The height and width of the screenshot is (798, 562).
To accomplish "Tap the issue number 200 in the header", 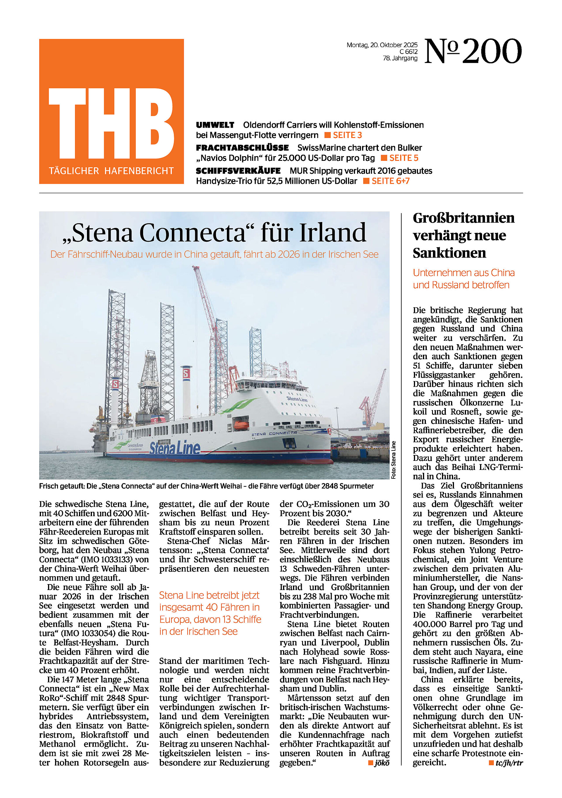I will click(x=492, y=52).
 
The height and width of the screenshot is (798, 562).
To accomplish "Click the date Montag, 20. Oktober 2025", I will click(x=382, y=45).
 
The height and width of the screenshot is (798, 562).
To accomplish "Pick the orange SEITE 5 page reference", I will click(x=403, y=158).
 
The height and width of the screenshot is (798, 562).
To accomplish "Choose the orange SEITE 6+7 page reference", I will click(x=390, y=181).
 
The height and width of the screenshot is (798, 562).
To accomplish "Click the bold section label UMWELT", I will click(x=215, y=125).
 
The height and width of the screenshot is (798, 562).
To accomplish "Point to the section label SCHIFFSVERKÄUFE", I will click(x=238, y=171).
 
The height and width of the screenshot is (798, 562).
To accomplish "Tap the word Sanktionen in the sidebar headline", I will click(x=449, y=253).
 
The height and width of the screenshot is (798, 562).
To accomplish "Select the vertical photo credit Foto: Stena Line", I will click(x=393, y=460).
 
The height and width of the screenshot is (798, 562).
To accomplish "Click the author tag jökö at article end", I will click(x=381, y=763).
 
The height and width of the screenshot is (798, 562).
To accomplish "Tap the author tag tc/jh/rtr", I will click(x=508, y=763).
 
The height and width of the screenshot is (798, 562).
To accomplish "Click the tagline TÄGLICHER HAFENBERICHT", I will click(x=111, y=171).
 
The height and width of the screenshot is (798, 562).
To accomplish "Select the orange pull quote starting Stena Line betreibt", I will click(x=210, y=613).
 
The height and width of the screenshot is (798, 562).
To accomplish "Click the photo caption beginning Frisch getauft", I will click(x=206, y=486).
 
